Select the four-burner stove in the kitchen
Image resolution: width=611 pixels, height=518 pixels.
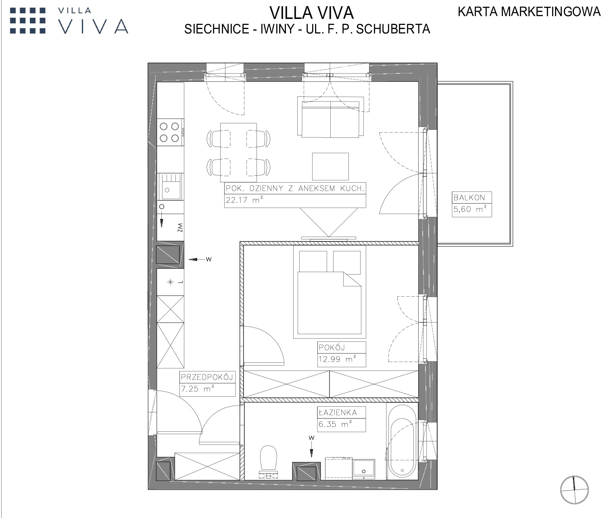tap(170, 132)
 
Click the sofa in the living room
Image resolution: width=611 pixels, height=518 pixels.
tap(330, 117)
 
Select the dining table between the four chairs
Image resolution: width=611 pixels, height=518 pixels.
tap(238, 152)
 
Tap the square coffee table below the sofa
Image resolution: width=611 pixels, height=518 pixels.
tap(330, 166)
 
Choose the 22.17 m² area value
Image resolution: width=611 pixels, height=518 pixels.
tap(244, 200)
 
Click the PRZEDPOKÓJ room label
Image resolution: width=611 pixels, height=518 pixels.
tap(207, 377)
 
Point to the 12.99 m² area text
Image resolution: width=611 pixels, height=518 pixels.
tap(337, 359)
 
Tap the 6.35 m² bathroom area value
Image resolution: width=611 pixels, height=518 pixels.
tap(335, 424)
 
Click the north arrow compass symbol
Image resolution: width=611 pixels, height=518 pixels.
tap(574, 490)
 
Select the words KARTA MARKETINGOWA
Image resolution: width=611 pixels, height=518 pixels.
tap(529, 12)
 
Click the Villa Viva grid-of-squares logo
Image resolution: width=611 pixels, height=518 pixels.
tap(28, 21)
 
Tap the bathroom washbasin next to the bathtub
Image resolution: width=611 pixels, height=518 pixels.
tap(364, 469)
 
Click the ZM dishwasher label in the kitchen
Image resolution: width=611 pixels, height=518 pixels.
tap(180, 227)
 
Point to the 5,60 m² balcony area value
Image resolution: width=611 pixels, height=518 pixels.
tap(470, 209)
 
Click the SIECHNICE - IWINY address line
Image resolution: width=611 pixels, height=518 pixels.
tap(307, 29)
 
